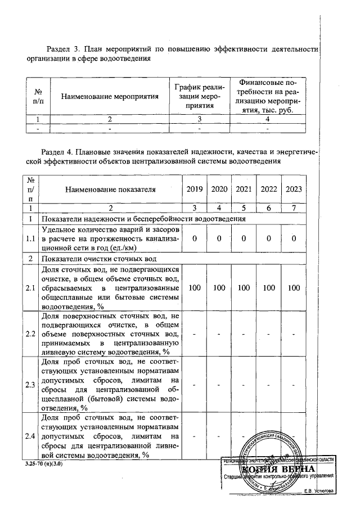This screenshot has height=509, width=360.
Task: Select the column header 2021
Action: [x=244, y=189]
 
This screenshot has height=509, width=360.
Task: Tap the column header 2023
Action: [x=294, y=189]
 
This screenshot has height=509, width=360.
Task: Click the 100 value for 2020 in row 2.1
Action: [x=219, y=287]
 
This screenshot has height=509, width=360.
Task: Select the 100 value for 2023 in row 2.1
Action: [x=294, y=287]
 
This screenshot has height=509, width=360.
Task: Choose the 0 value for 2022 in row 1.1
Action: [x=269, y=239]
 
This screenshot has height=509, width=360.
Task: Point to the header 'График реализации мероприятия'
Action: [x=199, y=96]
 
